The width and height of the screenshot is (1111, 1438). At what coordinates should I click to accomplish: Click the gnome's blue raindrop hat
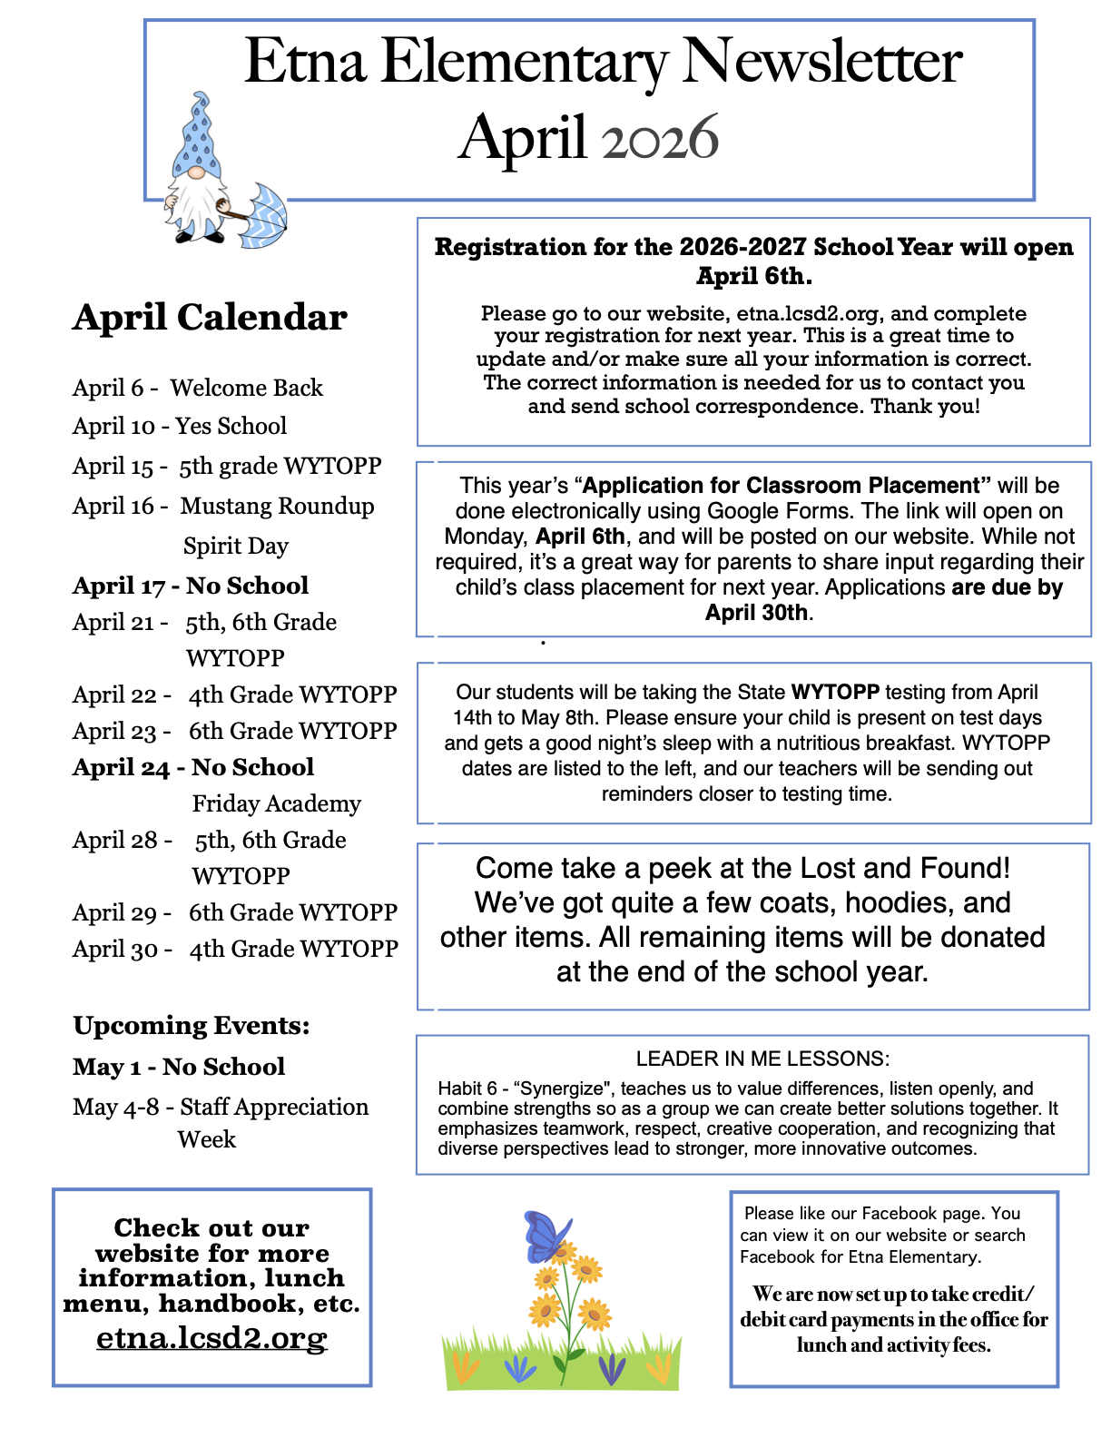[x=199, y=136]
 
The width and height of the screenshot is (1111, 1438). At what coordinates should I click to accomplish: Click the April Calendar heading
[x=210, y=318]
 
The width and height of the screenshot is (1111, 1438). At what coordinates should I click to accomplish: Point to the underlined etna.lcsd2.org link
[x=211, y=1338]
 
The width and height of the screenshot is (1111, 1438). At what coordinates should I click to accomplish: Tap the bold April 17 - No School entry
[x=191, y=586]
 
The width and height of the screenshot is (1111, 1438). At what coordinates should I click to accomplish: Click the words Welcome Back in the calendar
[x=247, y=388]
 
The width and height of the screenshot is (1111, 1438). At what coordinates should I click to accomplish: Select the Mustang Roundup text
[x=277, y=506]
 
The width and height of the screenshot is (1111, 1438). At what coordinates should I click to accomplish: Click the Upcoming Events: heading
[x=192, y=1026]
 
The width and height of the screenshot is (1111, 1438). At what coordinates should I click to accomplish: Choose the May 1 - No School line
[x=179, y=1067]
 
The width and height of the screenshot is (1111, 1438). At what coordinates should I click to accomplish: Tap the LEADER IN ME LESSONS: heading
[x=762, y=1059]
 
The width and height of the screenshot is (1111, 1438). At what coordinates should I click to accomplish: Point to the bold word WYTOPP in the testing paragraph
[x=835, y=693]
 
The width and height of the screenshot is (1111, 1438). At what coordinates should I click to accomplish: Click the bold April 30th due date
[x=756, y=613]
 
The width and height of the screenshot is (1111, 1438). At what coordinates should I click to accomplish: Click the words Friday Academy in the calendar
[x=277, y=803]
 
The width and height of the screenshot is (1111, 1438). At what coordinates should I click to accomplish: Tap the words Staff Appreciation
[x=274, y=1107]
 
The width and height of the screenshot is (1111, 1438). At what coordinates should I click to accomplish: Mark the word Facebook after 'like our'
[x=902, y=1214]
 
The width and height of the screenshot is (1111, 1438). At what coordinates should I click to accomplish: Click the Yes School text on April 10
[x=231, y=426]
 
